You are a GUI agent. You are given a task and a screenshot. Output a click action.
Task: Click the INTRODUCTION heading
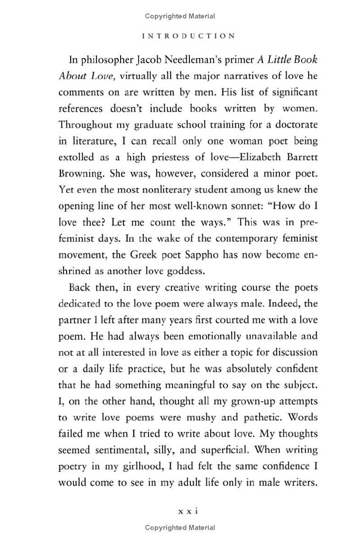tap(188, 36)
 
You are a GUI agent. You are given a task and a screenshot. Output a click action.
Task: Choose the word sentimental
tap(117, 450)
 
